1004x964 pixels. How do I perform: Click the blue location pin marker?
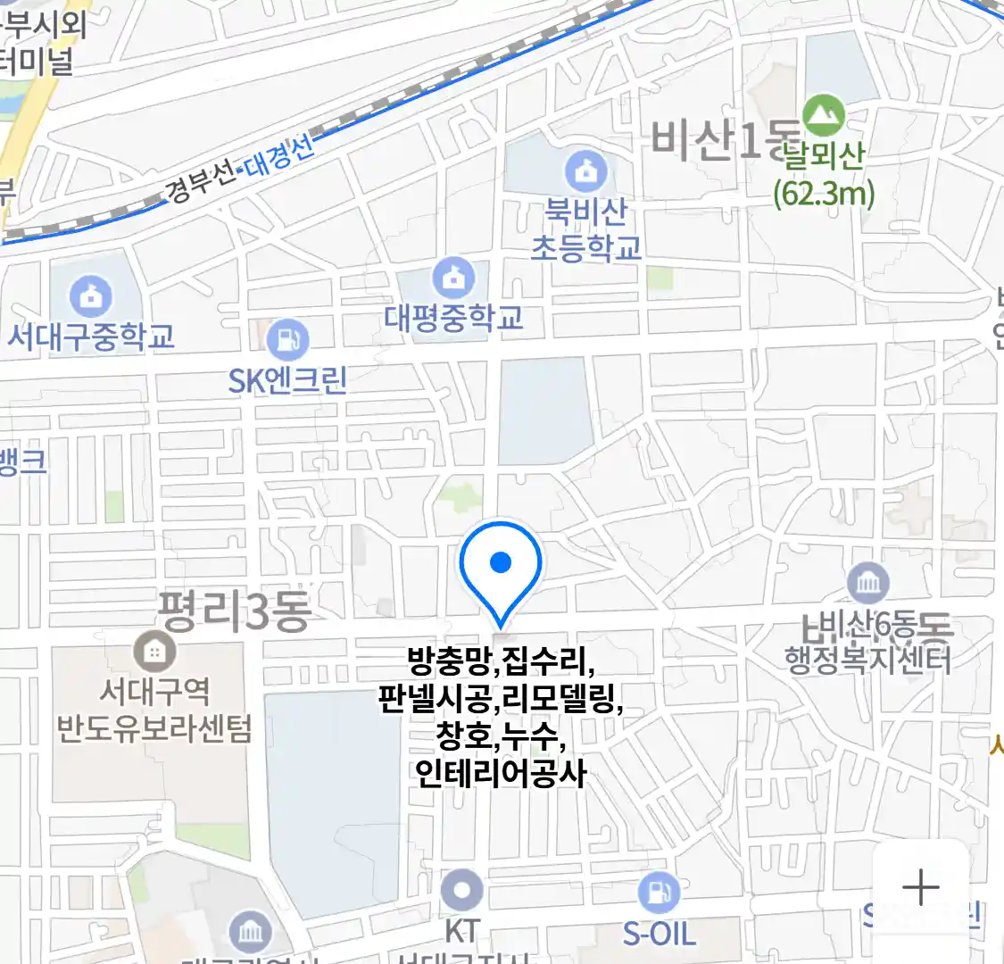click(501, 565)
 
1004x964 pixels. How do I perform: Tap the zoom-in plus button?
click(920, 887)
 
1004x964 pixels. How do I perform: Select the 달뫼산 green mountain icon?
click(823, 114)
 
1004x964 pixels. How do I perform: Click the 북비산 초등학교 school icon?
click(585, 170)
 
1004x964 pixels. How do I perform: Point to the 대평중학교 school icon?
click(454, 278)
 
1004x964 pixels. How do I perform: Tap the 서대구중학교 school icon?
click(91, 295)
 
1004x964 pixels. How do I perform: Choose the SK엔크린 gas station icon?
click(286, 340)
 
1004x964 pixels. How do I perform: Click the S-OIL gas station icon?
click(659, 891)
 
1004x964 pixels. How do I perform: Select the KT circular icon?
click(461, 890)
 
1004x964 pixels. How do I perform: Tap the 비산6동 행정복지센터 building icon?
click(867, 585)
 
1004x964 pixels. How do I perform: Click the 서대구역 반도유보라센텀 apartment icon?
click(154, 651)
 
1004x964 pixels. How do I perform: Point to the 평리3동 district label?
click(235, 611)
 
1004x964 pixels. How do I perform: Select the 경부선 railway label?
click(199, 179)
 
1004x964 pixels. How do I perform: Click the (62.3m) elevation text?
click(823, 192)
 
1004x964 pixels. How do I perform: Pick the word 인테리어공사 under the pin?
click(501, 772)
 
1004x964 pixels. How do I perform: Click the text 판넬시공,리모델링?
click(501, 698)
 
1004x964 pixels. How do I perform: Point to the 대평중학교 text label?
click(454, 317)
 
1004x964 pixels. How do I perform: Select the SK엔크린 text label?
click(287, 381)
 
